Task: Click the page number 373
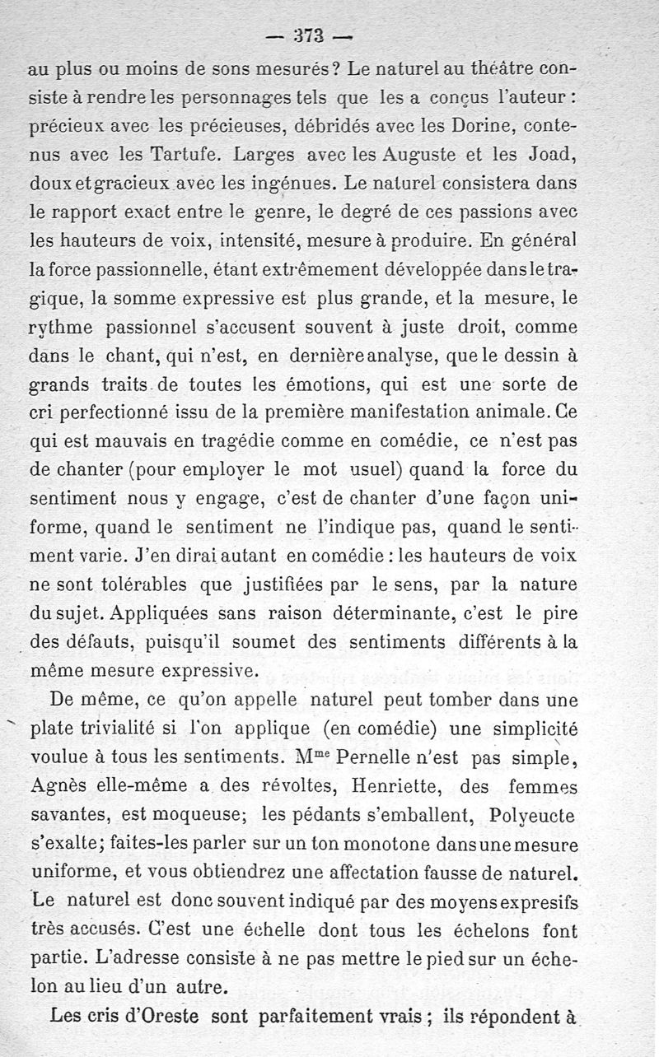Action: [311, 35]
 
